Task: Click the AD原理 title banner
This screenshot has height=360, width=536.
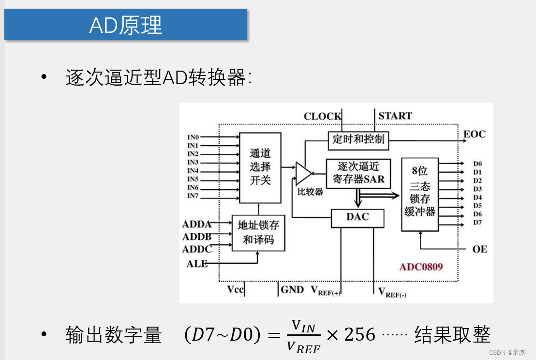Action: [126, 25]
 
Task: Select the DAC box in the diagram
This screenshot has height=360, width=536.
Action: [357, 218]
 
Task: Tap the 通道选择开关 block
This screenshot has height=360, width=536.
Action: [260, 167]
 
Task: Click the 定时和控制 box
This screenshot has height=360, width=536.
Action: [358, 139]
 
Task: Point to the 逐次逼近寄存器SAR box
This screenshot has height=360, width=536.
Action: [358, 173]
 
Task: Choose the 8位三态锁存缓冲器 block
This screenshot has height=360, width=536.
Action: [419, 194]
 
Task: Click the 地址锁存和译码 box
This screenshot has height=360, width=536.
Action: [258, 233]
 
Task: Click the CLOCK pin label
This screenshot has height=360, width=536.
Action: [322, 116]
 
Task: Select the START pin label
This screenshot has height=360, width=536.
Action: [395, 116]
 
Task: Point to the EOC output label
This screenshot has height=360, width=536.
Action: [474, 134]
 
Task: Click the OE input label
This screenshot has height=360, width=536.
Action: [479, 249]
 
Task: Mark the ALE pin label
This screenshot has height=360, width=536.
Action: [197, 264]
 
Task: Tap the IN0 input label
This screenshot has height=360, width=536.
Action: [193, 137]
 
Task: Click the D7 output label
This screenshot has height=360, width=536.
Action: [477, 222]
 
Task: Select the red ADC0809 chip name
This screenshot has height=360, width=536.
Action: [421, 267]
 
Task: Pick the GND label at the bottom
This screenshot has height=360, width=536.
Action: [292, 290]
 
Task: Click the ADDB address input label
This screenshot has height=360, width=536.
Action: [197, 237]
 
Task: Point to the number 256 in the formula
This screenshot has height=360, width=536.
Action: [359, 334]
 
